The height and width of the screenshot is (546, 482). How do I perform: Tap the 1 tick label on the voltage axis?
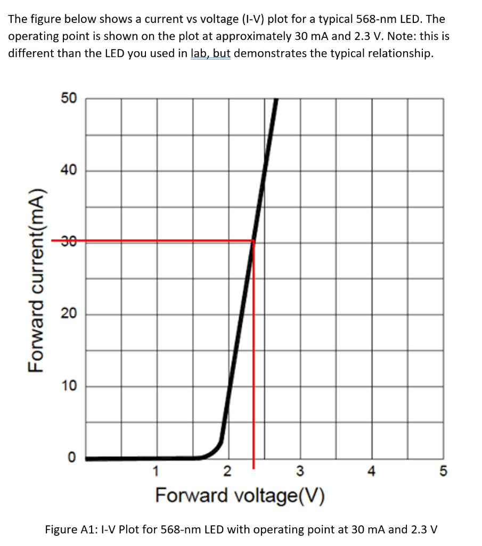click(x=156, y=472)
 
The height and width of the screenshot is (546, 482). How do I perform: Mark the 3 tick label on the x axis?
click(x=300, y=472)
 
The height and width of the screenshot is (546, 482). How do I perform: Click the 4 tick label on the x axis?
click(x=372, y=472)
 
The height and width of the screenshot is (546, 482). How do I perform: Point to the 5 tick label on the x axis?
click(x=444, y=472)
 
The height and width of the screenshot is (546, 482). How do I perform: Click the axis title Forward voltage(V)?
click(x=241, y=495)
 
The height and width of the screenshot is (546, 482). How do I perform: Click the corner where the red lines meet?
click(x=253, y=242)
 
